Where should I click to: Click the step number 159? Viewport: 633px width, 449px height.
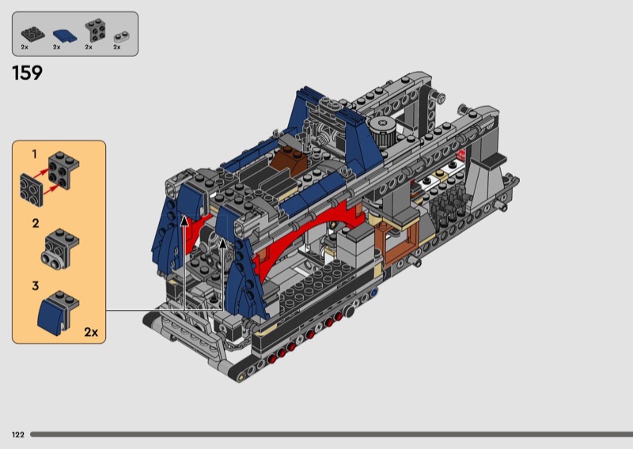28,73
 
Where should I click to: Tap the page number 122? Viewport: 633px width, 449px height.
18,435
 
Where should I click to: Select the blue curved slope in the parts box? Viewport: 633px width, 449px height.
65,36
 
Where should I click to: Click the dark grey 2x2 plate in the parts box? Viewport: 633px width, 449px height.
32,34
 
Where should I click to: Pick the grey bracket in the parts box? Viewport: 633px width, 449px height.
96,30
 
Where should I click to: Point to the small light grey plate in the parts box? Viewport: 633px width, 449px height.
122,36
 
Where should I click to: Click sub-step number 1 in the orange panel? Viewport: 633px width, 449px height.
34,154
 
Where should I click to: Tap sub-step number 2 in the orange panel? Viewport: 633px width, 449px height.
36,223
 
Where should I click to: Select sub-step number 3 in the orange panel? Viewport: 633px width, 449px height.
36,285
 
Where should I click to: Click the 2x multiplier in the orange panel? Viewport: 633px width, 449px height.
91,331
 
